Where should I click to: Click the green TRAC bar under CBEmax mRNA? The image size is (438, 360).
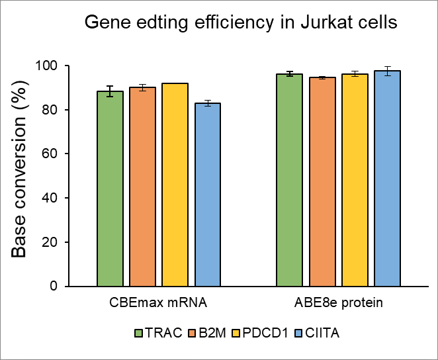tap(110, 189)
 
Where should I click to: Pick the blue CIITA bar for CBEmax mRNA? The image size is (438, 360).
tap(207, 195)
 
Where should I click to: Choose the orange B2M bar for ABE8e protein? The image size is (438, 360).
tap(322, 182)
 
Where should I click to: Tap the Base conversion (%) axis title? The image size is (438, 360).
tap(22, 176)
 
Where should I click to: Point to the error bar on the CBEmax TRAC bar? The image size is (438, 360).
tap(110, 91)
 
